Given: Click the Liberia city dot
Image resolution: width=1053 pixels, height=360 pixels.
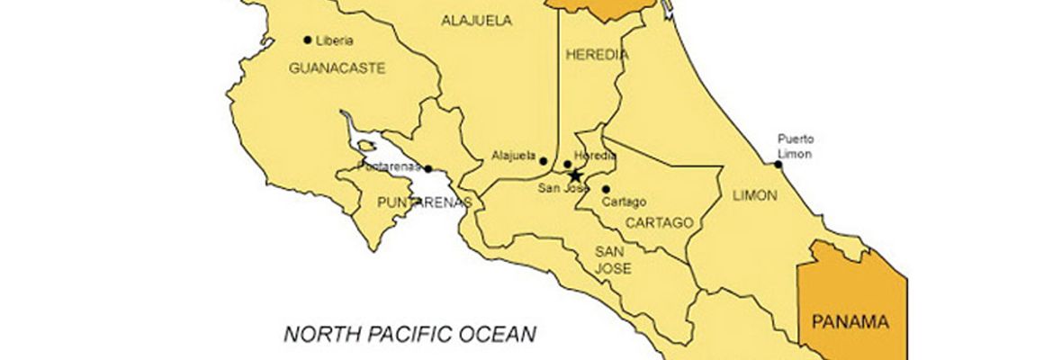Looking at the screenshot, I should (308, 40).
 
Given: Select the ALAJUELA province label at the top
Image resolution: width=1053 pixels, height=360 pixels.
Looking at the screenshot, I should (476, 20).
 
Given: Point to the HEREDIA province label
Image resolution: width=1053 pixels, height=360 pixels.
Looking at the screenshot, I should (597, 55).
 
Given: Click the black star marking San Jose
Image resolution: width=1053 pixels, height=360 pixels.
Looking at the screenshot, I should (576, 175).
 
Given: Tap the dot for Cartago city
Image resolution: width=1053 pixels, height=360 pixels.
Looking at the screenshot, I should (606, 189).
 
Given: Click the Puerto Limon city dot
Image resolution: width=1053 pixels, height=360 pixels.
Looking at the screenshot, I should (778, 164).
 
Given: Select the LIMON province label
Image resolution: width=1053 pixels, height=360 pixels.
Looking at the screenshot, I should (754, 195).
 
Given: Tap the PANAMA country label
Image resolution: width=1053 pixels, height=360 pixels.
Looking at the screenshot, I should (850, 321).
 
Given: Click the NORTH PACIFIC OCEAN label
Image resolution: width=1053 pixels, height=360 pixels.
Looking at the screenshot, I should (410, 335).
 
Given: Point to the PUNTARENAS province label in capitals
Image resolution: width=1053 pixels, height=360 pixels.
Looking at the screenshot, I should (423, 202).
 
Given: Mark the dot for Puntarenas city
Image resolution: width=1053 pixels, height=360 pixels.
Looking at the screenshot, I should (428, 168).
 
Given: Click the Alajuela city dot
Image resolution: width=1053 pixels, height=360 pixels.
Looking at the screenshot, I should (543, 161).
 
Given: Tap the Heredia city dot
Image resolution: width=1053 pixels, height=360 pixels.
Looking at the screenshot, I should (567, 165).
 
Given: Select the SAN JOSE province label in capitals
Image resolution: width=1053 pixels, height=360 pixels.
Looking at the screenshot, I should (612, 260).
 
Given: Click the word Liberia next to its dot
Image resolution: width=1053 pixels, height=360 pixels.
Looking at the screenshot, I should (334, 40).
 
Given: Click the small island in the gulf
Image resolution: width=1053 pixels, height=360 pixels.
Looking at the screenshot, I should (364, 144).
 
